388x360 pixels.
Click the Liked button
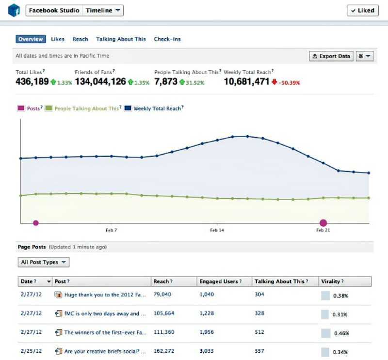pos(362,10)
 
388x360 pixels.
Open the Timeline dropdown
pos(103,10)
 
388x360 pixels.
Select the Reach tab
pos(80,39)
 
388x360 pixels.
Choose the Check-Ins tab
pos(167,39)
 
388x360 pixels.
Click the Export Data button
pos(331,56)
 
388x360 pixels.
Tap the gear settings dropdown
pos(365,56)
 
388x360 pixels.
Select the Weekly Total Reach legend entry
pos(155,109)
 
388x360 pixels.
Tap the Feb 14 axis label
pos(217,230)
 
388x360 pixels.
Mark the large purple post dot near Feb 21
pos(323,223)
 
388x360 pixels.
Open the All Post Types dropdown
pos(43,262)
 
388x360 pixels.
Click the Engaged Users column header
pos(219,282)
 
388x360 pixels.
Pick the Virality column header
pos(332,282)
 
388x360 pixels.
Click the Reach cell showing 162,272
pos(164,350)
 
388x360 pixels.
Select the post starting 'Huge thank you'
pos(105,295)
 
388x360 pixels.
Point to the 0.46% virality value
pos(340,333)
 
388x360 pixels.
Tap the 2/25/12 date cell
pos(31,350)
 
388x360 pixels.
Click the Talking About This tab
pos(121,39)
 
